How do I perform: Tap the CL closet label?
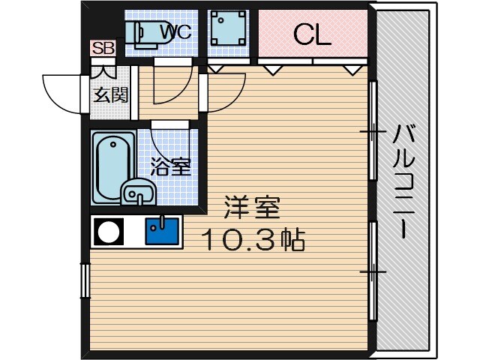click(312, 34)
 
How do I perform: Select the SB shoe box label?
click(103, 49)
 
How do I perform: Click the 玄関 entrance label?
click(109, 95)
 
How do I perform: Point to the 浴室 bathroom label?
click(170, 166)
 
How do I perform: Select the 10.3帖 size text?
click(251, 240)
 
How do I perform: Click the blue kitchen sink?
click(162, 231)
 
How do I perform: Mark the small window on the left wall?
click(84, 281)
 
